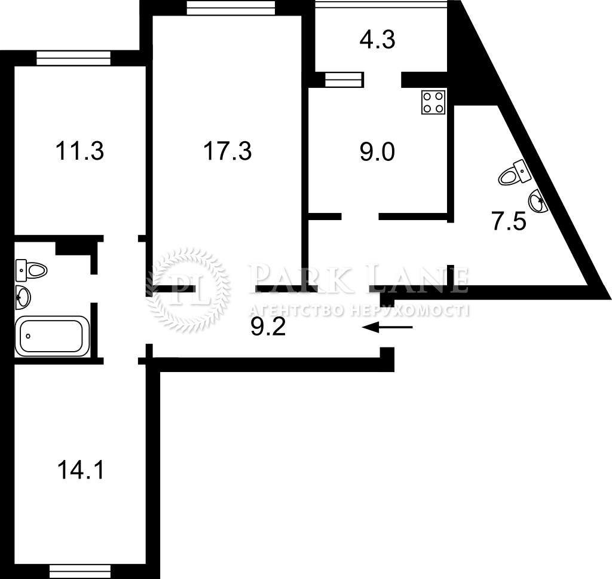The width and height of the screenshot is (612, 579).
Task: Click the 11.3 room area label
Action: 79,151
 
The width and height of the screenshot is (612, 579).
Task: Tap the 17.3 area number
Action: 228,151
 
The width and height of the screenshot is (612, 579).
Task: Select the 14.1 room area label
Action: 81,470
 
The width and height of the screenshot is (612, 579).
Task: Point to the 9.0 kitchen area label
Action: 378,152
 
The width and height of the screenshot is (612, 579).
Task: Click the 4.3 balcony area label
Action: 378,39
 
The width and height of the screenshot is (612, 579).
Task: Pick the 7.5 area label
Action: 509,221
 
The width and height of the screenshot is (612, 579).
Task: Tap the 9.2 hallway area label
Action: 268,327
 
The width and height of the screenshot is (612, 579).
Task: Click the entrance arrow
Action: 387,327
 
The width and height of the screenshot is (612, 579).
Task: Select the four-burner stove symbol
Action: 434,102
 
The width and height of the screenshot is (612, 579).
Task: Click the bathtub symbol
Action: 53,336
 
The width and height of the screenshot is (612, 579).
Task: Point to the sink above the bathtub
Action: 23,297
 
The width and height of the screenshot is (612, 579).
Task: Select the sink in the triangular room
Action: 538,201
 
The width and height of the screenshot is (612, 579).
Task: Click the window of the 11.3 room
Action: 74,58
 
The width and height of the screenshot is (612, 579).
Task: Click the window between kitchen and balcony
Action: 344,80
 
